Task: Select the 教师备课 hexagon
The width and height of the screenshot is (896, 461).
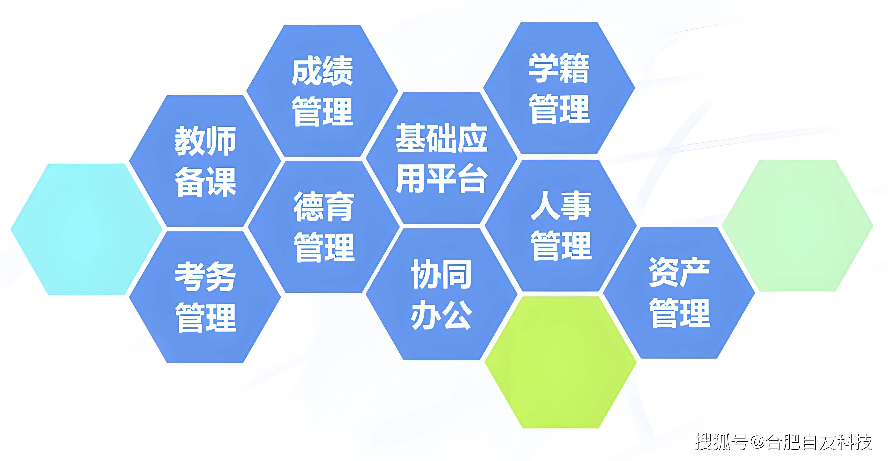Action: point(205,161)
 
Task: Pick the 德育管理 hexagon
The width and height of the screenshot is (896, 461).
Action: point(324,227)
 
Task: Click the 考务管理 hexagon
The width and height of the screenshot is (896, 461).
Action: point(205,297)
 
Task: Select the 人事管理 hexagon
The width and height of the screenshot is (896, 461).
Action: point(561,226)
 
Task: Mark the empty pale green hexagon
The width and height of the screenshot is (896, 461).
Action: point(797,226)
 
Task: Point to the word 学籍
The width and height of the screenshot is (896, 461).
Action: point(559,68)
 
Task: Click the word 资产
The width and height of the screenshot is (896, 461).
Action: point(679,272)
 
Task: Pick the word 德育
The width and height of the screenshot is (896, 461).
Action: point(324,207)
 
